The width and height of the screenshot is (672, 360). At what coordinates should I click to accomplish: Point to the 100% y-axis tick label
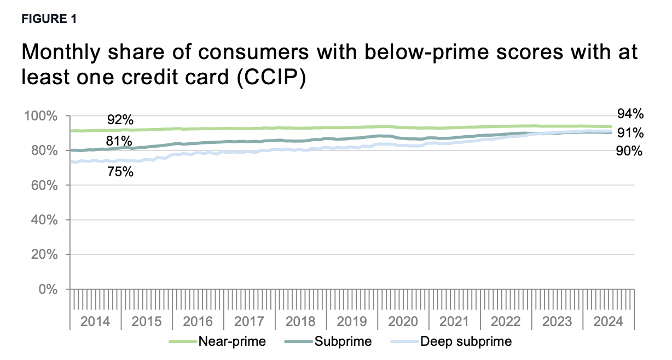click(40, 116)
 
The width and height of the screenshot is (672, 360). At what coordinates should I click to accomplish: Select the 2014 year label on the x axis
click(95, 322)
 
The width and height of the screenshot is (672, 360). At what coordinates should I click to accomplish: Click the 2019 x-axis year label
click(352, 322)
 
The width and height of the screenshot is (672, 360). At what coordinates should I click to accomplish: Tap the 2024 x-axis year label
click(609, 322)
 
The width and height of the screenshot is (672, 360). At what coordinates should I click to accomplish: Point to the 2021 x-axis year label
click(455, 322)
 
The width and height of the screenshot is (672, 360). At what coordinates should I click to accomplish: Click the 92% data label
click(120, 120)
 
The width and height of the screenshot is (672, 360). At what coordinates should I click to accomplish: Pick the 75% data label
click(120, 172)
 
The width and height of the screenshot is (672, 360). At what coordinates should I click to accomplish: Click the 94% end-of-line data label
click(630, 114)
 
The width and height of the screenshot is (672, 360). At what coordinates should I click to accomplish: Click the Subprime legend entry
click(343, 342)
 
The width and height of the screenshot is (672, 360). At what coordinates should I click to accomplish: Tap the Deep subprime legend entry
click(466, 342)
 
